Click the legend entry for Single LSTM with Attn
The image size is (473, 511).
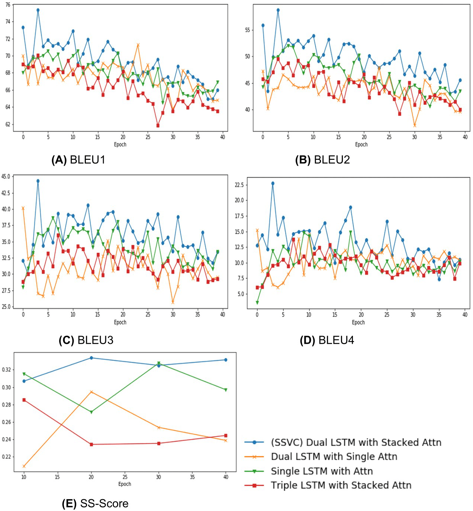[x=321, y=471]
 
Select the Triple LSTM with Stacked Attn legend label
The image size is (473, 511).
[x=341, y=485]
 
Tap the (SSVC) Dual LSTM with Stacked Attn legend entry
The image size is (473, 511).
[x=356, y=443]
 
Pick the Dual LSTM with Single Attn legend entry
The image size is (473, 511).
[x=334, y=457]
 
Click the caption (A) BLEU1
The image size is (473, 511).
[x=78, y=160]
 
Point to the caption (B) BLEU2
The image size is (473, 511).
[x=322, y=160]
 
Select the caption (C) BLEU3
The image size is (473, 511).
[x=86, y=340]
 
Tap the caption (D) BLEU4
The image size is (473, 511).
[x=327, y=340]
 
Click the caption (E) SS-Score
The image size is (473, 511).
[x=95, y=504]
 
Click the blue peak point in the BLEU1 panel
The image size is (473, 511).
[x=38, y=10]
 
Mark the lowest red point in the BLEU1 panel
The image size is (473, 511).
[x=158, y=126]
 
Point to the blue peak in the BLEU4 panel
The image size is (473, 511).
[x=273, y=183]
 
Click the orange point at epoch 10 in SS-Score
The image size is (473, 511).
[x=24, y=466]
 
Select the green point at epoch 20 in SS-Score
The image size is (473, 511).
[x=91, y=412]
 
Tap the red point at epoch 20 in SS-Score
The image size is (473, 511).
[x=91, y=444]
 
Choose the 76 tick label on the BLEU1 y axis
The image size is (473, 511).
[x=8, y=4]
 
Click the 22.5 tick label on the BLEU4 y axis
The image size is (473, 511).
[x=239, y=185]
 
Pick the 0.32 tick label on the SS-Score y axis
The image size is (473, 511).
[x=6, y=370]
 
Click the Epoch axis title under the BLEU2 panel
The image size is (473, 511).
[x=361, y=145]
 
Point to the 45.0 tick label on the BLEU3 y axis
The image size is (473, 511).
[x=6, y=177]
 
